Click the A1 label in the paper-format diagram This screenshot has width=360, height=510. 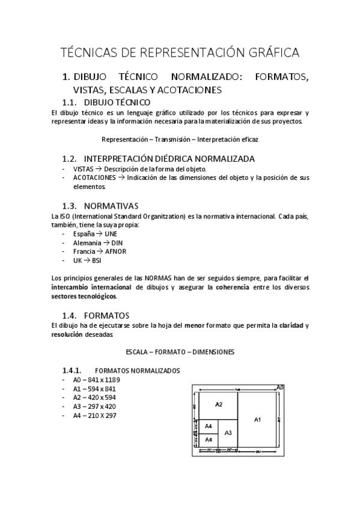click(257, 419)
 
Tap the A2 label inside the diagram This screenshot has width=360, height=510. click(219, 404)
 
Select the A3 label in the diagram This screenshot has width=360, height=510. click(228, 432)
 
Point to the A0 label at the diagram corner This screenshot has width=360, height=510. click(280, 387)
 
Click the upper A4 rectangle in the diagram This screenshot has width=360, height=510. click(209, 426)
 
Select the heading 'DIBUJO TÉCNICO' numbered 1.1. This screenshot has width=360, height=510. click(117, 102)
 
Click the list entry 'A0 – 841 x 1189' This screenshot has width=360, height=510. click(96, 379)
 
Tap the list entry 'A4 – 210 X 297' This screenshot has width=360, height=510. click(94, 415)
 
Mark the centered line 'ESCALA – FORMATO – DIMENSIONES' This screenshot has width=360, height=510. click(180, 351)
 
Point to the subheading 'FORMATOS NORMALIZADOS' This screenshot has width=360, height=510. click(138, 370)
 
